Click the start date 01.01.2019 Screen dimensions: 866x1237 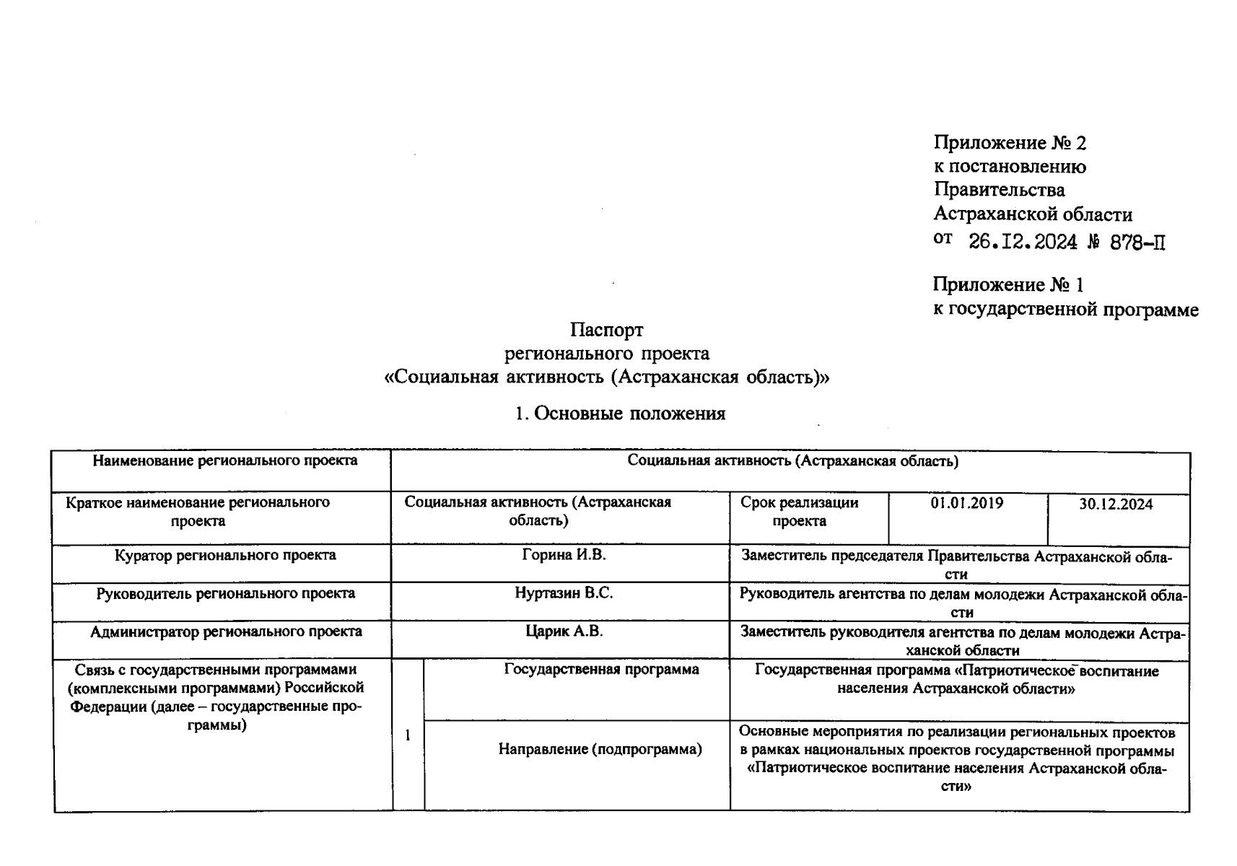966,503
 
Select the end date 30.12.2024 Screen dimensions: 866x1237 1116,504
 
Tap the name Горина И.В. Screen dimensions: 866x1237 564,555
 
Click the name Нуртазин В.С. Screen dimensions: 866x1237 564,593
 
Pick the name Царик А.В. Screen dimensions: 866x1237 564,631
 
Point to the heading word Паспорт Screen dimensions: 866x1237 606,330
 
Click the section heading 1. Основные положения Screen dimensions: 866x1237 620,414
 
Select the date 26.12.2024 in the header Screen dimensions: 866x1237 1022,242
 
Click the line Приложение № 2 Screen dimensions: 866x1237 1009,143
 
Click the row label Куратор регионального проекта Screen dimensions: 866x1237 225,555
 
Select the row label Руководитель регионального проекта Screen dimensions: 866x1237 225,593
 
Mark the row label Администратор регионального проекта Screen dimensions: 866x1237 225,631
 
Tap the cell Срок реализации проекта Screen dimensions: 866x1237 799,512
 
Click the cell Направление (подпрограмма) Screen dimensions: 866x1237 600,749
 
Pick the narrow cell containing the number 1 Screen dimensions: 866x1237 408,736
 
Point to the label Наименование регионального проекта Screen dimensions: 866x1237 224,460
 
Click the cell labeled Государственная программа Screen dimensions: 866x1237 600,670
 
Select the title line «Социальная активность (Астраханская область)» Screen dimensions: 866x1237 606,377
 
